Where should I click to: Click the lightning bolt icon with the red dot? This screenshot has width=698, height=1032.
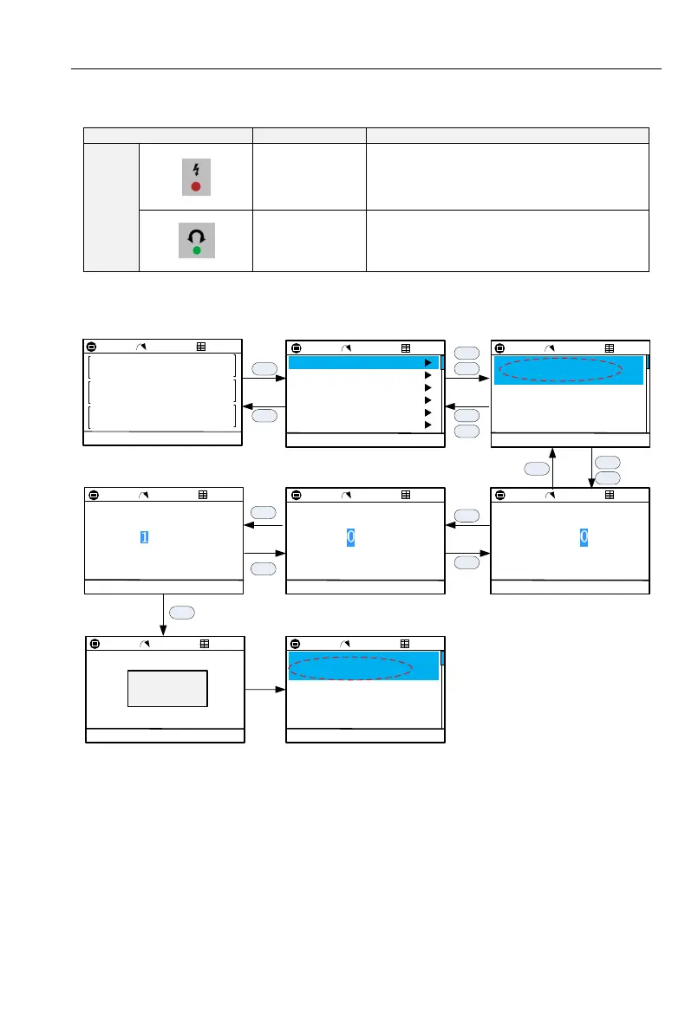click(x=195, y=177)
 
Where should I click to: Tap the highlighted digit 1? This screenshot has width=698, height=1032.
click(x=145, y=538)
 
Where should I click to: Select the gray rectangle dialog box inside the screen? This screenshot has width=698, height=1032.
click(x=167, y=688)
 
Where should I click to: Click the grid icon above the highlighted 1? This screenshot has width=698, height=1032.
click(x=203, y=495)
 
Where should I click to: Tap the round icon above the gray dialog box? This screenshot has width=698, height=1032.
click(x=95, y=644)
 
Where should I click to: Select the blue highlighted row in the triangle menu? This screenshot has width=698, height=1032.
click(x=362, y=363)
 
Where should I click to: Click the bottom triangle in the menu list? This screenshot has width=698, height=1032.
click(x=427, y=425)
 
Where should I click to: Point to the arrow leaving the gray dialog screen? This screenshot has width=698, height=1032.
click(x=265, y=691)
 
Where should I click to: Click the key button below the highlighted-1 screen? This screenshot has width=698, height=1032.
click(x=182, y=612)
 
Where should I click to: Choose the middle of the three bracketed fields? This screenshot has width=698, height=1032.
click(x=162, y=391)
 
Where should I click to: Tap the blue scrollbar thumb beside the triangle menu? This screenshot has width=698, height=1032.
click(x=442, y=362)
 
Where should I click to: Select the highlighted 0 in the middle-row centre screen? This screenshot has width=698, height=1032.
click(x=351, y=538)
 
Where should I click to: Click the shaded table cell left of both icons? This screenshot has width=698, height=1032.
click(x=111, y=207)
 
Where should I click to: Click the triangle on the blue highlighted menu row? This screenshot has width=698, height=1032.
click(x=427, y=363)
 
